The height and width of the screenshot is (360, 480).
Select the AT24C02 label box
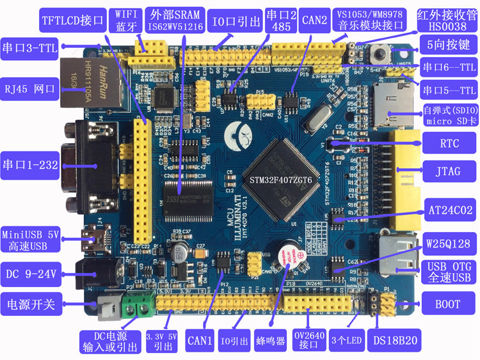450,208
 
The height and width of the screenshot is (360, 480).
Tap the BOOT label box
447,305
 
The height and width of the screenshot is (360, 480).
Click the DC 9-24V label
31,275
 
